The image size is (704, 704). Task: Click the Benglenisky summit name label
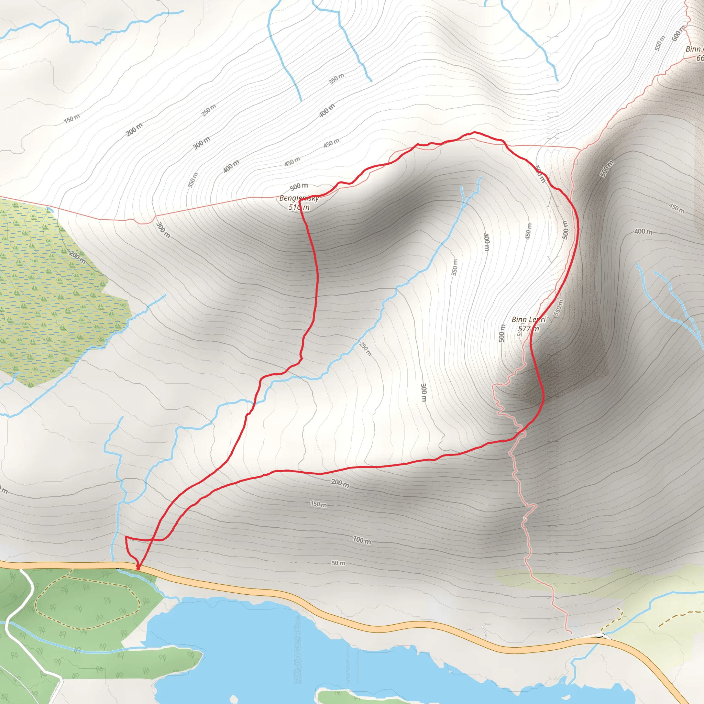(299, 198)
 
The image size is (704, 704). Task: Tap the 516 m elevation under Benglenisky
(299, 207)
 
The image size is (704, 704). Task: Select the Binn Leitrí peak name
(529, 320)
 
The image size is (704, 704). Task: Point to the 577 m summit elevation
(528, 329)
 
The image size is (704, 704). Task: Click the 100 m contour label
(362, 540)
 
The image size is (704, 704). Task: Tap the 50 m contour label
(338, 563)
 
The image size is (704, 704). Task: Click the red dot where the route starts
(138, 568)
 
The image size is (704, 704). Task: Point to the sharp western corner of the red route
(126, 537)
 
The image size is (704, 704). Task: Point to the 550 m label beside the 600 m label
(660, 43)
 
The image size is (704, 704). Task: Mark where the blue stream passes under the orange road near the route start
(117, 565)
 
